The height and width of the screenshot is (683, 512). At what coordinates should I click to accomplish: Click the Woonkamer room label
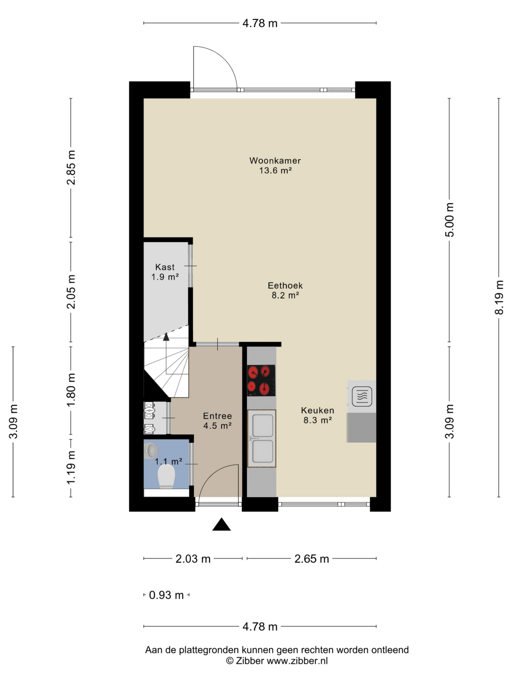(x=275, y=161)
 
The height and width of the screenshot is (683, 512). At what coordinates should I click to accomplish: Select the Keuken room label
(x=318, y=410)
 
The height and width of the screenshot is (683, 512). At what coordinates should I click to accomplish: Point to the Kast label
(x=165, y=267)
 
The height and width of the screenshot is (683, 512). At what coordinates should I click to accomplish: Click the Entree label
(x=218, y=416)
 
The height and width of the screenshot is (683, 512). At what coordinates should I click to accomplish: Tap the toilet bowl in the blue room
(x=166, y=476)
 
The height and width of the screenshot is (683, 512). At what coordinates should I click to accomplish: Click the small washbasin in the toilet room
(x=151, y=450)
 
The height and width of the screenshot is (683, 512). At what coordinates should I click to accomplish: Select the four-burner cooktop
(x=261, y=380)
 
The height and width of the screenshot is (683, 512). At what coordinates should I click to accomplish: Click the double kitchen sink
(x=262, y=438)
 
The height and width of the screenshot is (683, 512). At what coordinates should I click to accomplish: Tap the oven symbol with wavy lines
(x=362, y=396)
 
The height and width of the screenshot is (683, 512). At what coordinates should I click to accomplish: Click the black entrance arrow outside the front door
(x=221, y=524)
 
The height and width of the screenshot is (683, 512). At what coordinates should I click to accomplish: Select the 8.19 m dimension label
(x=499, y=297)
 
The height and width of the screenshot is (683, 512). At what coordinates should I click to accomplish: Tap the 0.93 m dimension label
(x=166, y=595)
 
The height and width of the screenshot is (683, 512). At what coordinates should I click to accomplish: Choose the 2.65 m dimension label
(x=312, y=559)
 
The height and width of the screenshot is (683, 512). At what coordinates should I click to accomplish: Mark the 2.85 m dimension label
(x=71, y=168)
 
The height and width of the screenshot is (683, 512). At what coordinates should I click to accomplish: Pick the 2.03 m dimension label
(x=193, y=559)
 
